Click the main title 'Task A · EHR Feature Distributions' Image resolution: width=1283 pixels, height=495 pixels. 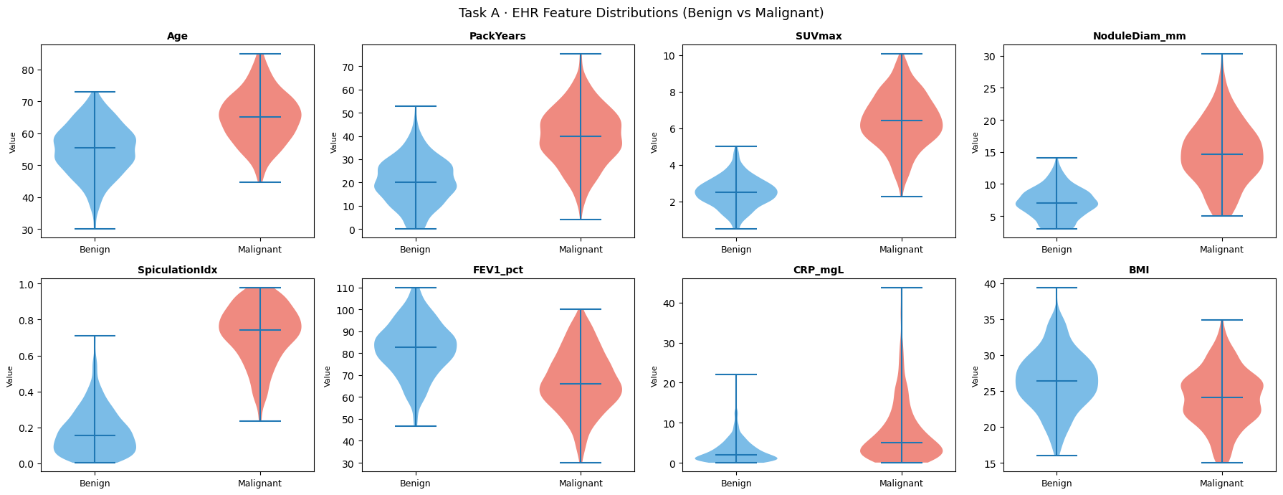pos(641,13)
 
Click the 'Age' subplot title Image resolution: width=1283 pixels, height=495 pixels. pos(177,36)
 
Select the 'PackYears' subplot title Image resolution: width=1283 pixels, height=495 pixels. pos(497,36)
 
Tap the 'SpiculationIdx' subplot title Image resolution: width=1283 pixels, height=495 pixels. pos(177,270)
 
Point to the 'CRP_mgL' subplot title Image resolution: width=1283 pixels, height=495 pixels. pos(818,270)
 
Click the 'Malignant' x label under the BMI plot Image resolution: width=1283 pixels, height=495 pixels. pos(1221,483)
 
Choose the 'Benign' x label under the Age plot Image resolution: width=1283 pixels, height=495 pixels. pos(95,249)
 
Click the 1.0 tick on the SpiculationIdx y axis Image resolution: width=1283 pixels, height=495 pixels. pos(27,284)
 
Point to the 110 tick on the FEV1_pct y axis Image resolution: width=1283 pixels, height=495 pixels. pos(345,288)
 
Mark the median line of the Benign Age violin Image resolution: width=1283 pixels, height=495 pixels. pos(95,148)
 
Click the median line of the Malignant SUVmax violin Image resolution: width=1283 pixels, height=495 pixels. pos(901,121)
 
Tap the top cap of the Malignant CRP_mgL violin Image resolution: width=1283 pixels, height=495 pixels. pos(901,288)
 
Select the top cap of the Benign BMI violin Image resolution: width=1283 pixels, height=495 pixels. pos(1057,288)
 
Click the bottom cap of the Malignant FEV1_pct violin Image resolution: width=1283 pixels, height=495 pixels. pos(581,463)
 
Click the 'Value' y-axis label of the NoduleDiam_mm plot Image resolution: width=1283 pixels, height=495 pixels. pos(975,142)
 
